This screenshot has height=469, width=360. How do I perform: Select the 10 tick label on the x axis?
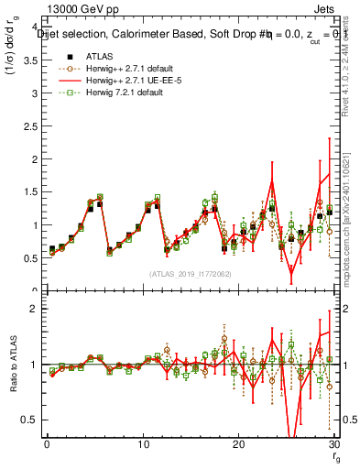pyautogui.click(x=142, y=445)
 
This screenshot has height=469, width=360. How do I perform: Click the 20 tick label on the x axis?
pyautogui.click(x=238, y=445)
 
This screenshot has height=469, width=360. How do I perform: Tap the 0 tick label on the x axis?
pyautogui.click(x=47, y=445)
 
